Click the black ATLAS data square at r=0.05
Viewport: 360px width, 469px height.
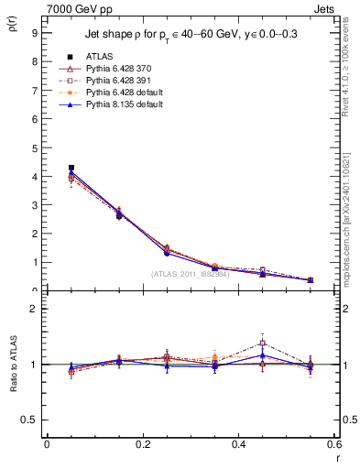coord(71,168)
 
